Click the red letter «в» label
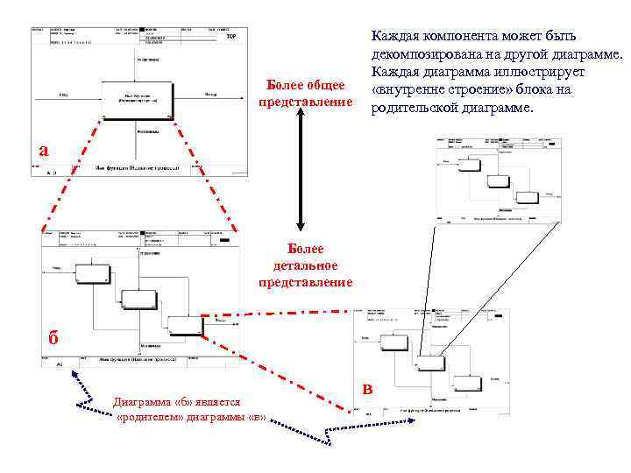tap(368, 389)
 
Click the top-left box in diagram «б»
tap(93, 273)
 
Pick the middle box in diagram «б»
tap(139, 299)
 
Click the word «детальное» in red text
tap(305, 265)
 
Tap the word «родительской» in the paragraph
tap(420, 108)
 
